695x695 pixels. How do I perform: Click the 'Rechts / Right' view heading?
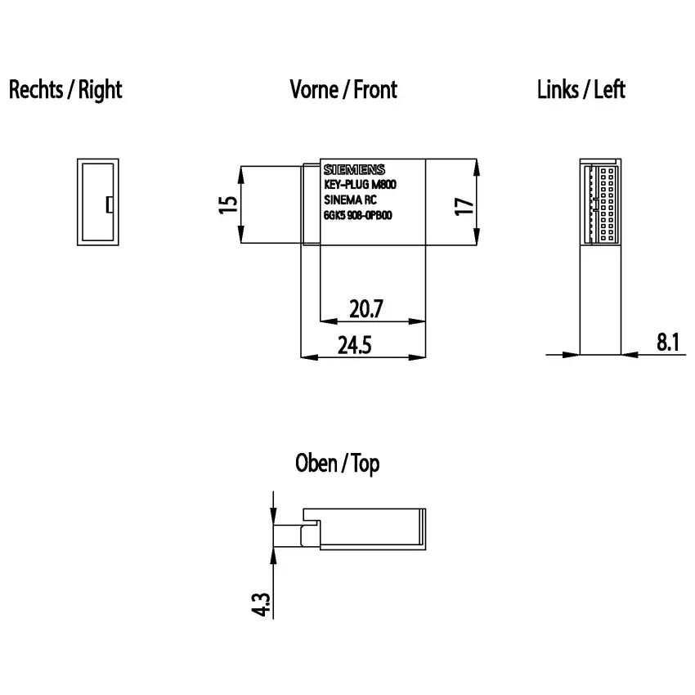tap(65, 90)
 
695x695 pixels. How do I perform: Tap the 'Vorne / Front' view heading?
tap(343, 90)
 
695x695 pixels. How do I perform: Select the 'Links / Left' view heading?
tap(581, 90)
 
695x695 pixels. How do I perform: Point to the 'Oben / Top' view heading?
tap(338, 464)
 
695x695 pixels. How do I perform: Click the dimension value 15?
tap(228, 204)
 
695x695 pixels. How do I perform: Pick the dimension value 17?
tap(464, 207)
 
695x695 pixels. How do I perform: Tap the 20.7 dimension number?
tap(366, 308)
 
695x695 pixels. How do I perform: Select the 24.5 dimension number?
tap(355, 345)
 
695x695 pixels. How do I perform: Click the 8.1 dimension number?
tap(668, 342)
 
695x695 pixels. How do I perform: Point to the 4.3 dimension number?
tap(261, 604)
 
